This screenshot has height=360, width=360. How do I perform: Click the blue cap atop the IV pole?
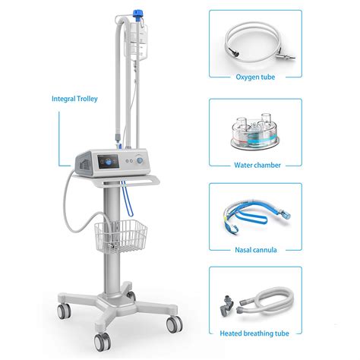pos(138,14)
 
